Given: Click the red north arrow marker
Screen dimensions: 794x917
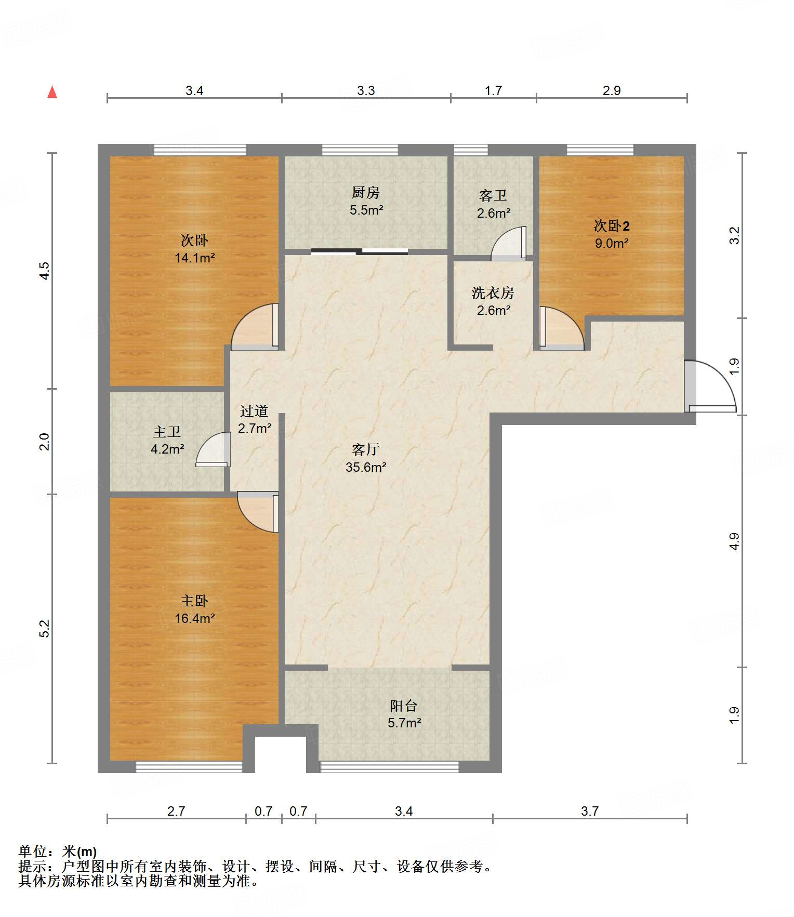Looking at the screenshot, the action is click(52, 92).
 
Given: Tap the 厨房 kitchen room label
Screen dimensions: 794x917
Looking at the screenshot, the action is click(366, 193).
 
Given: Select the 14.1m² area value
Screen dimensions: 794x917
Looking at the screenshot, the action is click(195, 257).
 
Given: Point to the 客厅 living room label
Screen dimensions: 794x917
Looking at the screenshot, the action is click(366, 449).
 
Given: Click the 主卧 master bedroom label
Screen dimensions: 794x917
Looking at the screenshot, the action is click(194, 601).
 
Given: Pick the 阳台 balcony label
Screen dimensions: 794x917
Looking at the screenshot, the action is click(404, 706).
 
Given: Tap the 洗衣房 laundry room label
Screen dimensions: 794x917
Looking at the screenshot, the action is click(493, 293).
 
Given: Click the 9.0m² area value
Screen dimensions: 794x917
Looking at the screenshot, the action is click(612, 243).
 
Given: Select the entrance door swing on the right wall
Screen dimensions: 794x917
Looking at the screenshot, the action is click(710, 386).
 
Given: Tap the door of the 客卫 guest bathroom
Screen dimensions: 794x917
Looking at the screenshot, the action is click(509, 243).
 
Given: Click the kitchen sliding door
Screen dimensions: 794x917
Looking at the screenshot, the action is click(360, 252).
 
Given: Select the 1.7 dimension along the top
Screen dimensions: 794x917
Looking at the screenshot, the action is click(493, 90).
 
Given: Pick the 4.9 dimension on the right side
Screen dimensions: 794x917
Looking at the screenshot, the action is click(734, 541).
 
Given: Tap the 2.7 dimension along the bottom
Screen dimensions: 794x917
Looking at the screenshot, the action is click(176, 811).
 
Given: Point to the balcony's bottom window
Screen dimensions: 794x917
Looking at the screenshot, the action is click(390, 766).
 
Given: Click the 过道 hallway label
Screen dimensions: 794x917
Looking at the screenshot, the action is click(254, 411).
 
